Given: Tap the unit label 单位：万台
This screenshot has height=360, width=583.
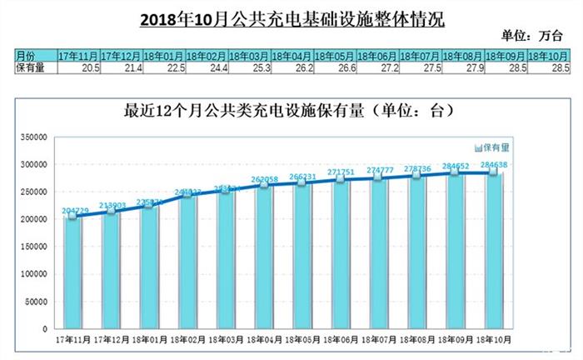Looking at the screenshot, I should [532, 36].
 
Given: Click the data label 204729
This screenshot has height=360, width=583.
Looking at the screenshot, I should [72, 210].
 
